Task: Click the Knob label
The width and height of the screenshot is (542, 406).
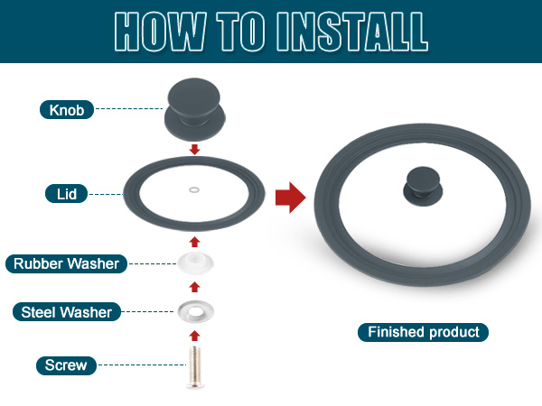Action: tap(67, 110)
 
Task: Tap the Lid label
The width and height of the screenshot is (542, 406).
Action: tap(66, 194)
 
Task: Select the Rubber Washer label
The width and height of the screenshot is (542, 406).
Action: tap(66, 263)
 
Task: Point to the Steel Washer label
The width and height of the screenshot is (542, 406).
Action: tap(67, 312)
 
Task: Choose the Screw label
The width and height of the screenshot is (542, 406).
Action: tap(66, 365)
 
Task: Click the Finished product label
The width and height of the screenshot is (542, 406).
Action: tap(423, 332)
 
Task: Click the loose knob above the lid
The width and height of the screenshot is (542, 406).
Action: tap(194, 109)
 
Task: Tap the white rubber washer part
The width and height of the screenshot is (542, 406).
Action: tap(196, 263)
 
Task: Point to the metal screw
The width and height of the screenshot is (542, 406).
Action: tap(195, 367)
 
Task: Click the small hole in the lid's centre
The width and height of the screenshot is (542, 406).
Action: tap(194, 189)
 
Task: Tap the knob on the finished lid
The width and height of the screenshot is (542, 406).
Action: tap(423, 187)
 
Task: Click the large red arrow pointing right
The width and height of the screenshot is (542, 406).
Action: tap(290, 198)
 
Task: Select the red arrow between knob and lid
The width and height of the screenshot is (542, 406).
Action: tap(195, 150)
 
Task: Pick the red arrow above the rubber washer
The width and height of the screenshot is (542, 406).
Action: tap(195, 242)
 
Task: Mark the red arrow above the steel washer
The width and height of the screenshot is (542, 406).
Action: tap(195, 287)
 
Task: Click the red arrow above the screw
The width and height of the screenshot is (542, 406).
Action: tap(195, 336)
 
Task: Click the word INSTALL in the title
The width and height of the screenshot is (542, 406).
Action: tap(352, 32)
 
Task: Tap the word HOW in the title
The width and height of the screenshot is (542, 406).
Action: tap(161, 32)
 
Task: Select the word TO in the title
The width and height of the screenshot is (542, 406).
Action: tap(241, 32)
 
